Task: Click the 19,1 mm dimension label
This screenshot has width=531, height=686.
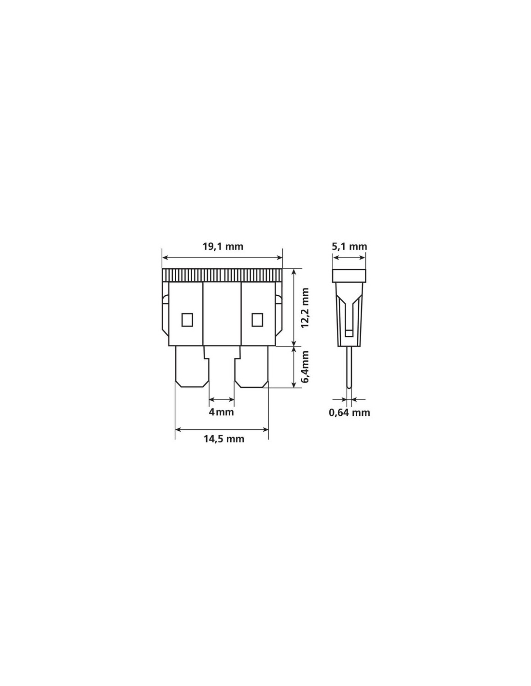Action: pos(223,246)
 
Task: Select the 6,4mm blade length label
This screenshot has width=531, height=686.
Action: pos(305,367)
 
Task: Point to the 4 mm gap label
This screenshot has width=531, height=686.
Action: pos(221,412)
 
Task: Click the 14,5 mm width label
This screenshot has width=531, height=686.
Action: pos(224,439)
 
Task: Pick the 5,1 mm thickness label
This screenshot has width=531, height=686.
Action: pos(349,246)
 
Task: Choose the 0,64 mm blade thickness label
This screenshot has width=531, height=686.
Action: pos(349,412)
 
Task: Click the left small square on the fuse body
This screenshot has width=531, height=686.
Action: pos(187,320)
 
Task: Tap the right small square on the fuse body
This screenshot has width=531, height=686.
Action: pos(257,320)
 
